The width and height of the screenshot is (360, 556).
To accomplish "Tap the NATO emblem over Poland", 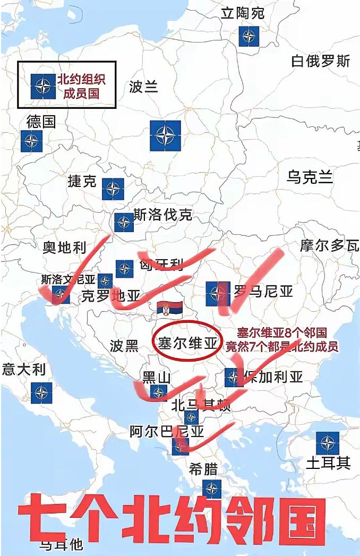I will click(x=165, y=135).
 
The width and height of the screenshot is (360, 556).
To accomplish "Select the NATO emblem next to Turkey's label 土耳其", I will click(x=327, y=443).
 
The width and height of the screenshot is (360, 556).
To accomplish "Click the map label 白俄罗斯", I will click(x=321, y=61).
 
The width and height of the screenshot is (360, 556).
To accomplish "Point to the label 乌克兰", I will click(x=310, y=177).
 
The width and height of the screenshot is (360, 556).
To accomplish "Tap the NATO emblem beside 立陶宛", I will click(x=248, y=36).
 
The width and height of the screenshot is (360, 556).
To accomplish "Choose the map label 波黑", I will click(x=124, y=346).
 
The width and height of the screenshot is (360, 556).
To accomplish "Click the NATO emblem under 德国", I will click(x=32, y=141).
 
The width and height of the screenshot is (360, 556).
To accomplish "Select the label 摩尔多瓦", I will click(x=329, y=245).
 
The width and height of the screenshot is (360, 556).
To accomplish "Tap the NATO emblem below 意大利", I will click(x=41, y=393).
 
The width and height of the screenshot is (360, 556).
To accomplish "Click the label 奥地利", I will click(x=64, y=247).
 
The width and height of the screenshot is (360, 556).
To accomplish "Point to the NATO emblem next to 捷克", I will click(x=113, y=189).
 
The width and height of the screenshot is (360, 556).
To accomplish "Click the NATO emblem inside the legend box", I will click(x=42, y=86).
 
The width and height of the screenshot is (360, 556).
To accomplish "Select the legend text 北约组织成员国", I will click(x=81, y=86).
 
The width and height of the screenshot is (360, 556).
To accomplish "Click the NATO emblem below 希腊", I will click(x=212, y=489).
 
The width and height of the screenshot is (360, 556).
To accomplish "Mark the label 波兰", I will click(x=143, y=87).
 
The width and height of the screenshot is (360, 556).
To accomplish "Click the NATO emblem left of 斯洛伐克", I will click(x=124, y=223).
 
